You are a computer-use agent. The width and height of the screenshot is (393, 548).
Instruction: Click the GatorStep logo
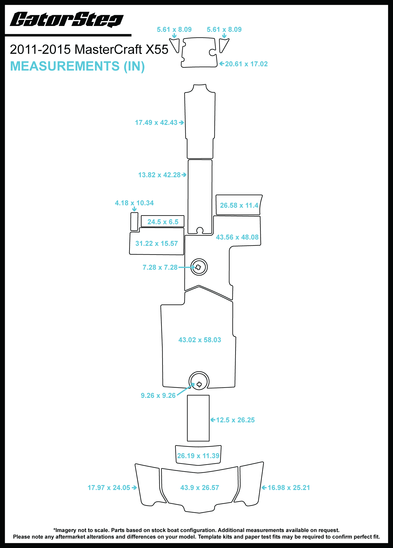67,19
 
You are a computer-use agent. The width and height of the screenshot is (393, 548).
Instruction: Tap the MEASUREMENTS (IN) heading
77,66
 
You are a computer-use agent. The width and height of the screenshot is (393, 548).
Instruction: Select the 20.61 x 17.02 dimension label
246,64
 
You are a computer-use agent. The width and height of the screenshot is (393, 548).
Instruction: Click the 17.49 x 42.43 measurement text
156,122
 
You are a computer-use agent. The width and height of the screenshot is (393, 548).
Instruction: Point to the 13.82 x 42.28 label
159,175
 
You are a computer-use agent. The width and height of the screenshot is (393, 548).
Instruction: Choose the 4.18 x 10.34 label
134,203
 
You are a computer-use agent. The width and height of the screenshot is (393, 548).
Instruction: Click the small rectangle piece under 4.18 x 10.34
134,221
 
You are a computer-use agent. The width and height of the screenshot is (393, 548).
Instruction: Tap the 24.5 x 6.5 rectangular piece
163,221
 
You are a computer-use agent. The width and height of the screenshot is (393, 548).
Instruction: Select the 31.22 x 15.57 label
156,243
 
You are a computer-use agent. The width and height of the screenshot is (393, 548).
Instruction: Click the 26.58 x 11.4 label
239,205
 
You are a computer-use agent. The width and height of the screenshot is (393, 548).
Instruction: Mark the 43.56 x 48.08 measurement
237,237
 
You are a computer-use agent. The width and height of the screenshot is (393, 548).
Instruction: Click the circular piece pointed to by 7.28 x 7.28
199,267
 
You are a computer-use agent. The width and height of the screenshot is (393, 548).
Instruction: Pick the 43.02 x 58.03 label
200,340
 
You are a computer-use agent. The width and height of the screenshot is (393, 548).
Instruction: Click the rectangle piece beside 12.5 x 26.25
198,418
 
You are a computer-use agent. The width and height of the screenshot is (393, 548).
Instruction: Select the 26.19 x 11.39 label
198,456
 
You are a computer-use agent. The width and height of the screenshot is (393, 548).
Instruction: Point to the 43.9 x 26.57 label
200,487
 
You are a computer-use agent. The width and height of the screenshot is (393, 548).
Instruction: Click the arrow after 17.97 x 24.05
134,488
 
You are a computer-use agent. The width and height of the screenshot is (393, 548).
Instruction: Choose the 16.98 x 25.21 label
288,487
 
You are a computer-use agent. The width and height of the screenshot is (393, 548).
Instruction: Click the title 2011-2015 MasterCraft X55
89,49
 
